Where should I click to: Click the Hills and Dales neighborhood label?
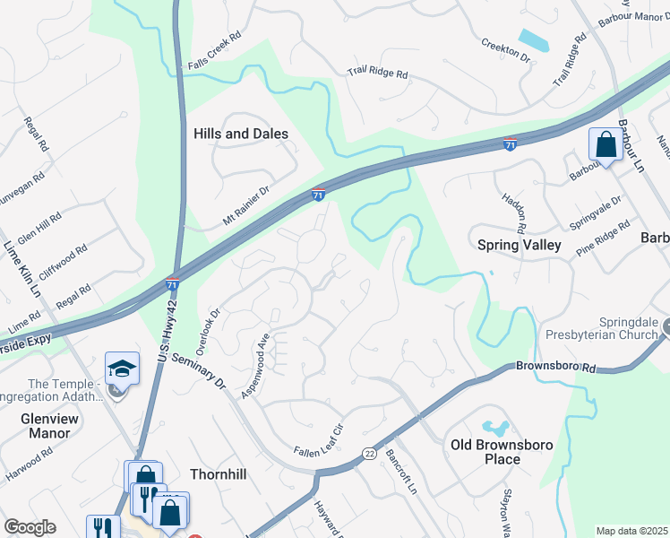coord(241,134)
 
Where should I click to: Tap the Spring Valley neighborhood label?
coord(519,245)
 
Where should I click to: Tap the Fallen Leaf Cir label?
coord(318,441)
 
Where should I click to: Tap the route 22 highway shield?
coord(368,455)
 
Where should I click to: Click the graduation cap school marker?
coord(122,369)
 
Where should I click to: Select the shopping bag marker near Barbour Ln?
coord(605,144)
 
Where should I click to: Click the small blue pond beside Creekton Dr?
coord(534,40)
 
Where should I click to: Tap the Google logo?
coord(30,527)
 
